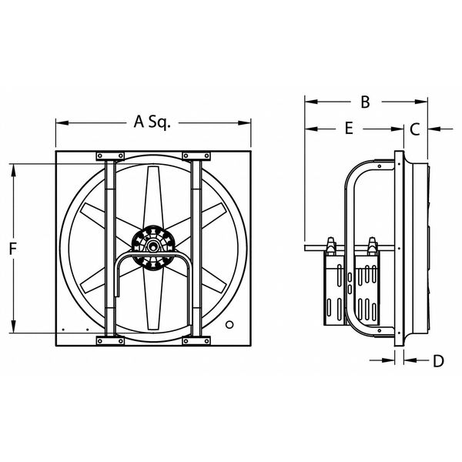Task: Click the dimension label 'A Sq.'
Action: click(152, 122)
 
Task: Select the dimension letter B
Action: click(365, 102)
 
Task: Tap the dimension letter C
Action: click(415, 129)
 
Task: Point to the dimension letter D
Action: click(438, 360)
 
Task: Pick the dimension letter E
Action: click(349, 129)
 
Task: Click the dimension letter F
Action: click(12, 249)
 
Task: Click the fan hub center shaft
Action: click(152, 246)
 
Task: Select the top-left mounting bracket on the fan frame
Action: click(110, 156)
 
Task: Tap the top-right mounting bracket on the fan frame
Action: click(196, 156)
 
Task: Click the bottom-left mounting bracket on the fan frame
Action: click(110, 341)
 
